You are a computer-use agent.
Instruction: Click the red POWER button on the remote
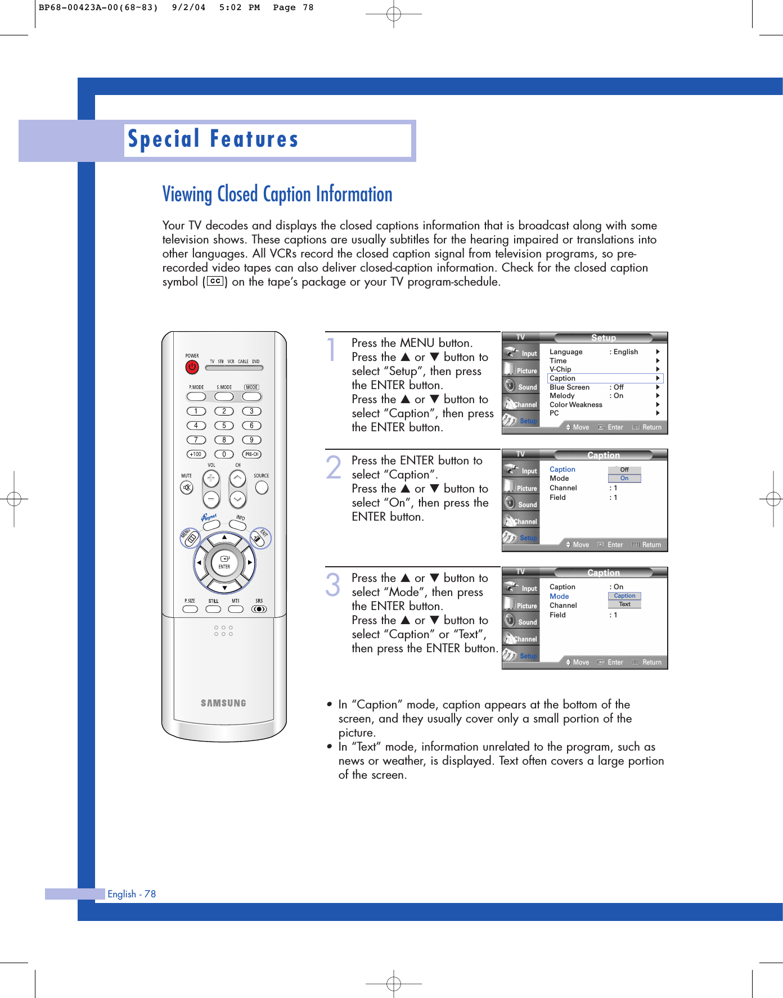tap(192, 367)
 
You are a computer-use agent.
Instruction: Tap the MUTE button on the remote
tap(187, 487)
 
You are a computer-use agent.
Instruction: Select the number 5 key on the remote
tap(224, 426)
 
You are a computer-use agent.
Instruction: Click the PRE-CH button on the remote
tap(251, 454)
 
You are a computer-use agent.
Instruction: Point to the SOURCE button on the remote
tap(262, 487)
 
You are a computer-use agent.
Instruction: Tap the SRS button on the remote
tap(259, 609)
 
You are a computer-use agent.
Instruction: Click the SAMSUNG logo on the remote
tap(223, 703)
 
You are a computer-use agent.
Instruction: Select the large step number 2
tap(334, 468)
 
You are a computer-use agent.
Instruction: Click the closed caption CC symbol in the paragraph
tap(215, 281)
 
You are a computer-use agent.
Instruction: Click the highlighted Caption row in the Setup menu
tap(605, 378)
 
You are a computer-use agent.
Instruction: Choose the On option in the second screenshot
tap(624, 478)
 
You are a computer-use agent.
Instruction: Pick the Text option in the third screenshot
tap(624, 604)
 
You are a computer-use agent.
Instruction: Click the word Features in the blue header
tap(254, 139)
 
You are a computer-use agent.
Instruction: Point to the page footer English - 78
tap(132, 894)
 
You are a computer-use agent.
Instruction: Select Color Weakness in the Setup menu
tap(575, 405)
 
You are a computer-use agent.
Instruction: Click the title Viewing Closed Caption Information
tap(277, 195)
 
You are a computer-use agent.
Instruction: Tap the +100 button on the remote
tap(196, 454)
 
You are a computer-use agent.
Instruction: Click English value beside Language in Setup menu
tap(625, 352)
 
